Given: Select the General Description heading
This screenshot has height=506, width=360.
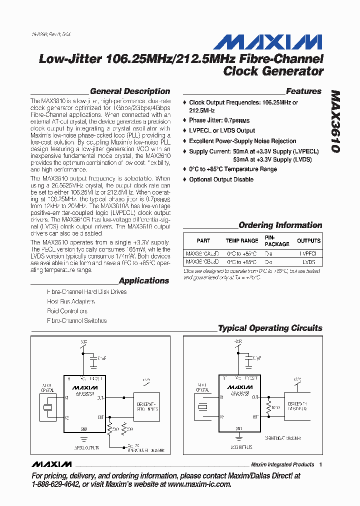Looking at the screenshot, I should (x=130, y=91).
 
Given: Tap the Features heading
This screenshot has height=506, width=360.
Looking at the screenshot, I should (x=303, y=91).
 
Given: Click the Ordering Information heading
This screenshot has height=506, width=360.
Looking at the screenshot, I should (x=280, y=225).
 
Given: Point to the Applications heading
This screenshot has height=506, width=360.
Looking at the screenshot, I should (x=144, y=281).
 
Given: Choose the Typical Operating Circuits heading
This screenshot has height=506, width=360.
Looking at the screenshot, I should (x=270, y=328).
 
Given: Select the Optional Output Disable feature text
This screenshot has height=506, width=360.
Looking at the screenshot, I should (x=221, y=179).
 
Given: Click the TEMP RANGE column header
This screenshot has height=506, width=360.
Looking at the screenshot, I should (x=242, y=240).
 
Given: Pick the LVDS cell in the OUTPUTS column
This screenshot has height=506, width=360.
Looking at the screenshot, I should (x=308, y=261).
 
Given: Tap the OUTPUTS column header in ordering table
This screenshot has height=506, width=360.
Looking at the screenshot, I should (x=308, y=240).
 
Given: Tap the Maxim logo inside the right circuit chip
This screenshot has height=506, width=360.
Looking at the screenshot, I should (x=239, y=387).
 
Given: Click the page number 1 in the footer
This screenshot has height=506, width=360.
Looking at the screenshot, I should (x=320, y=464).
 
